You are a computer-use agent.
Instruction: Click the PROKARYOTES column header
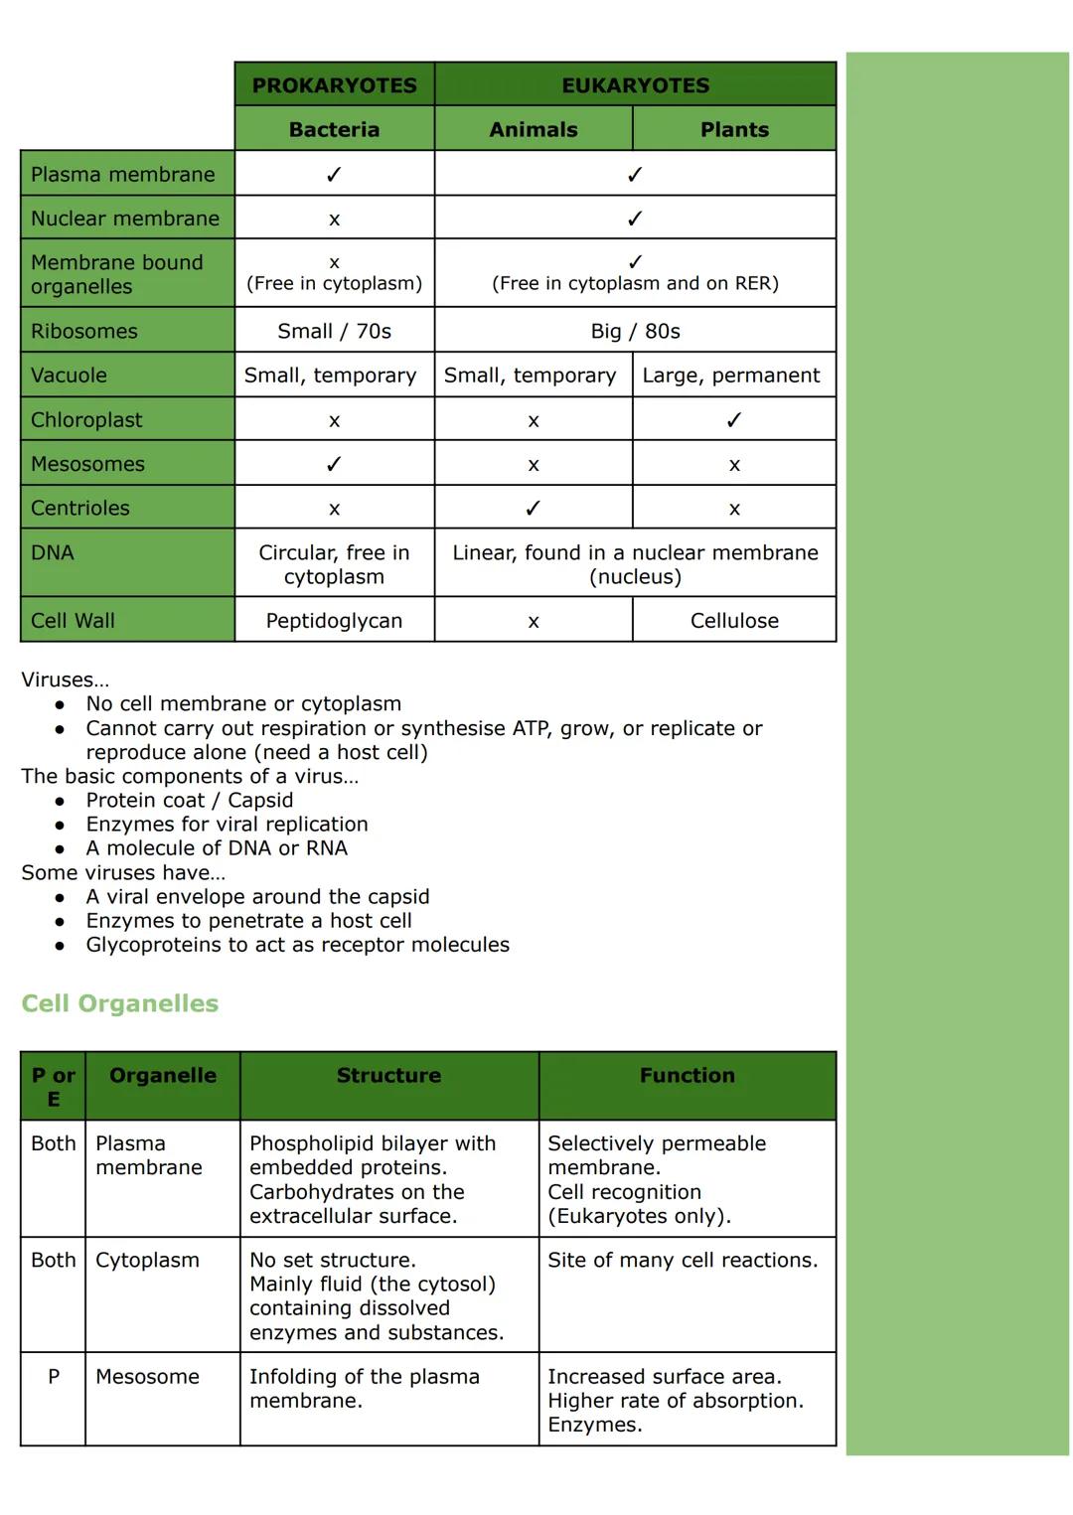pyautogui.click(x=334, y=85)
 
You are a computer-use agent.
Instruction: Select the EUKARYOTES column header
pyautogui.click(x=635, y=85)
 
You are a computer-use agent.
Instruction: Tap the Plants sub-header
pyautogui.click(x=734, y=129)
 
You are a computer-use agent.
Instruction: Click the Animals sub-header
pyautogui.click(x=534, y=129)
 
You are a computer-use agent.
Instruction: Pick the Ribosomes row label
pyautogui.click(x=84, y=331)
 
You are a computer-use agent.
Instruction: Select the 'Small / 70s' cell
pyautogui.click(x=334, y=331)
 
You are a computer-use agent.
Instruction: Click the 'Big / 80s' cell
pyautogui.click(x=635, y=331)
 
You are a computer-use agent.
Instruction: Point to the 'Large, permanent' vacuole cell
pyautogui.click(x=731, y=376)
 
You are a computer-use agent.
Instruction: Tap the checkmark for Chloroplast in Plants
pyautogui.click(x=733, y=420)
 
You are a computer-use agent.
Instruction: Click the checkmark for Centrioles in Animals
pyautogui.click(x=534, y=509)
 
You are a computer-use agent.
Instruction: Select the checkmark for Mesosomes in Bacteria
pyautogui.click(x=334, y=464)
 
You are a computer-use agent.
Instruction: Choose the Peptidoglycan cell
pyautogui.click(x=334, y=621)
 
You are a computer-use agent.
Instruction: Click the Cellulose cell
pyautogui.click(x=734, y=621)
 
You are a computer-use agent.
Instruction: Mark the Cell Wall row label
pyautogui.click(x=73, y=621)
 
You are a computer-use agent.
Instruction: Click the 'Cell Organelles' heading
pyautogui.click(x=120, y=1003)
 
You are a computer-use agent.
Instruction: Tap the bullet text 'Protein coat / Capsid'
pyautogui.click(x=190, y=800)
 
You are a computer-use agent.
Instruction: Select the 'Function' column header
pyautogui.click(x=687, y=1076)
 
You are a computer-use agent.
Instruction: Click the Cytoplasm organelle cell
pyautogui.click(x=147, y=1260)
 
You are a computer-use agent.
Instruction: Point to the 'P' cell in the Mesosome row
pyautogui.click(x=54, y=1377)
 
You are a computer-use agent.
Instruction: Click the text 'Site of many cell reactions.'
pyautogui.click(x=683, y=1260)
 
